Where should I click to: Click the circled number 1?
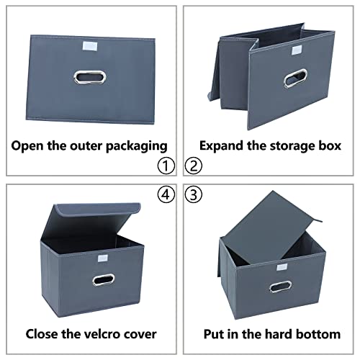[167, 166]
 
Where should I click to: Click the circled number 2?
[194, 166]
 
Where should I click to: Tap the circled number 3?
[194, 194]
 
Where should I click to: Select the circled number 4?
[167, 194]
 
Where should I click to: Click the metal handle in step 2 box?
[295, 78]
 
